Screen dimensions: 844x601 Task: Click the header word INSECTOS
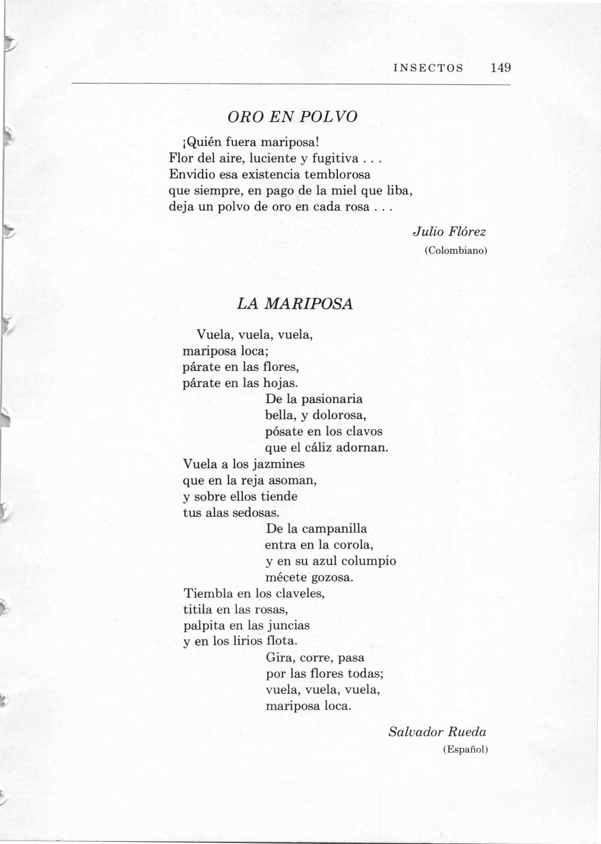pos(428,68)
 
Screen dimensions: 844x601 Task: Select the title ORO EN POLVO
pos(292,117)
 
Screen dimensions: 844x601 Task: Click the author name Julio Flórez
pos(449,232)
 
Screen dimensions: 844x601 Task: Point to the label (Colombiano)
pos(456,251)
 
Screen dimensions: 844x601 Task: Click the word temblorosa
pos(337,174)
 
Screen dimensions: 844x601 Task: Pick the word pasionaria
pos(332,399)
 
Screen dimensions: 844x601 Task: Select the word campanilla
pos(334,529)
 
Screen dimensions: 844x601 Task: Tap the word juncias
pos(289,626)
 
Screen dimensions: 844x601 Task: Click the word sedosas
pos(256,513)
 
